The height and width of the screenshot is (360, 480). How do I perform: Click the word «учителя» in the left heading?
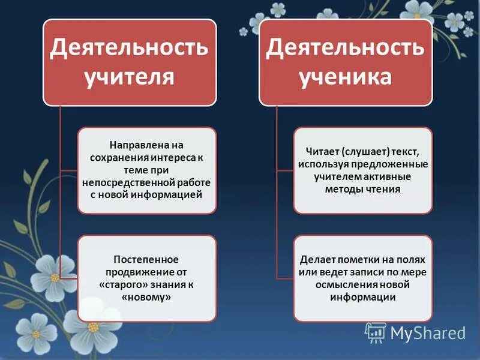[x=129, y=77]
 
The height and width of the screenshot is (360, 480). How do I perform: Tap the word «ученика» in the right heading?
[x=345, y=77]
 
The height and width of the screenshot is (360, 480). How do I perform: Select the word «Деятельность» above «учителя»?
[x=129, y=47]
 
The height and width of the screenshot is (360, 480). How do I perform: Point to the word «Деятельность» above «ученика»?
[x=346, y=47]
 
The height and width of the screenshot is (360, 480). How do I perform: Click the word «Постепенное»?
[x=146, y=259]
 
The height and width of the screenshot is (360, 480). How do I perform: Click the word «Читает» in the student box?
[x=320, y=152]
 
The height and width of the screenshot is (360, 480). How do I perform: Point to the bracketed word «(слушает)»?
[x=364, y=152]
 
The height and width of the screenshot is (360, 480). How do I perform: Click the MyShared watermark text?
[x=427, y=332]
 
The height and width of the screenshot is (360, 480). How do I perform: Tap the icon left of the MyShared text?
[x=375, y=332]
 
